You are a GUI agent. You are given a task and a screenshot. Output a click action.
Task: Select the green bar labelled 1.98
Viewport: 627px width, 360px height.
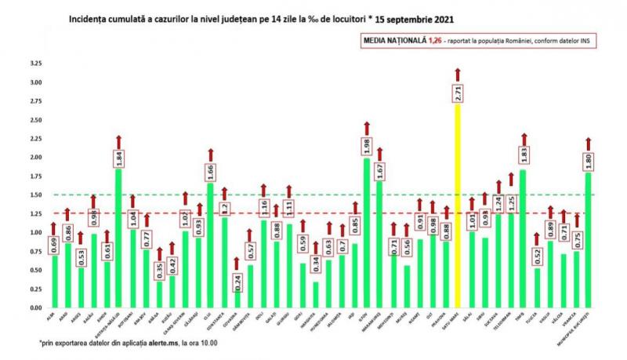tap(367, 235)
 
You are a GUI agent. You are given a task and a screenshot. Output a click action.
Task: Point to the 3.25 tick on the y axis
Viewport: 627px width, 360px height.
tap(35, 63)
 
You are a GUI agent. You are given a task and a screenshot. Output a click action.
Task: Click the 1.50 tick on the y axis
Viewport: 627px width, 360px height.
tap(35, 195)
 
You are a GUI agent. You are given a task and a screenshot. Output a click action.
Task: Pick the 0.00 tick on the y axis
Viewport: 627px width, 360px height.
tap(35, 307)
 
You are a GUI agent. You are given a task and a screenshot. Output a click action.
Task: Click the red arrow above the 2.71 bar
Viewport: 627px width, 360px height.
tap(458, 75)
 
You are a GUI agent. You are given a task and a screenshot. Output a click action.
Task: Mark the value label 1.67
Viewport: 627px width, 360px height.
tap(380, 173)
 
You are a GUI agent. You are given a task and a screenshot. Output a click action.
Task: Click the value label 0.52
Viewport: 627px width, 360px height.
tap(536, 258)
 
